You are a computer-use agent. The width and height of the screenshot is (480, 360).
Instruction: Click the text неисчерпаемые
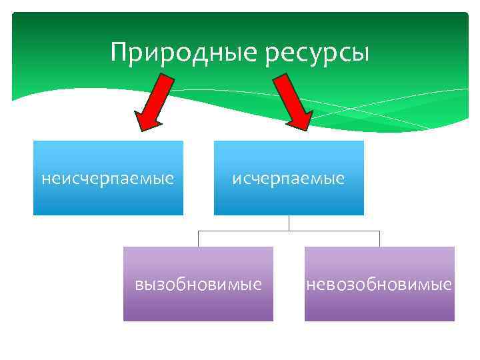(x=108, y=179)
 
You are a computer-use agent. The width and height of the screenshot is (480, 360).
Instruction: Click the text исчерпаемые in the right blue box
(x=289, y=179)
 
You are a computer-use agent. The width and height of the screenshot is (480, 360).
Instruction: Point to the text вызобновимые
(x=198, y=285)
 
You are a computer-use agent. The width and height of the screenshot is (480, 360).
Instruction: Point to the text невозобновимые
(x=379, y=285)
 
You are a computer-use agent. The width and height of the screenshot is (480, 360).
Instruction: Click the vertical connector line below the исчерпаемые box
(x=289, y=223)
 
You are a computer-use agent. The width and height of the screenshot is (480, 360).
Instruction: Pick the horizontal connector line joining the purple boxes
(x=289, y=231)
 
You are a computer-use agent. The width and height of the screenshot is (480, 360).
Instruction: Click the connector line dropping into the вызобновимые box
(x=198, y=239)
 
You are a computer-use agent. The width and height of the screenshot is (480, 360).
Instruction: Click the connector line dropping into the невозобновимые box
(x=379, y=239)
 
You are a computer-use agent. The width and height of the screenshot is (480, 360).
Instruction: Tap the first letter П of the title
(x=119, y=51)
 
